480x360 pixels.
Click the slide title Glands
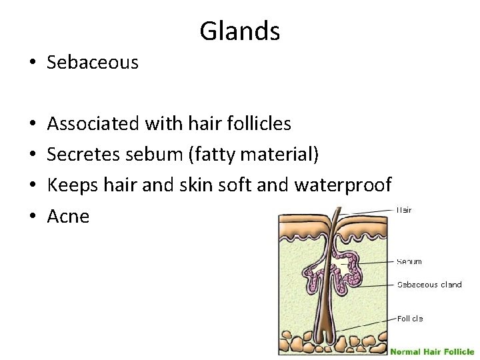pos(239,31)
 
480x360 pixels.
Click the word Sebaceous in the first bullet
pos(93,63)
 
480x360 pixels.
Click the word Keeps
pos(71,185)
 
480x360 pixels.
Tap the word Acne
pos(68,216)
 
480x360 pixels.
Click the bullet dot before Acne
pos(33,216)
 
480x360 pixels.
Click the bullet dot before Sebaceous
pos(33,63)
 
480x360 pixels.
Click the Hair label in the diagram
pos(404,210)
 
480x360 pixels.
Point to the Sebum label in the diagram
pos(409,261)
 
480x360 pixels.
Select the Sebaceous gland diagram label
pos(429,285)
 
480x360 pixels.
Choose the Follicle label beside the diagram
pos(410,319)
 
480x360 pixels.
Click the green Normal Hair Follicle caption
pos(432,351)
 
